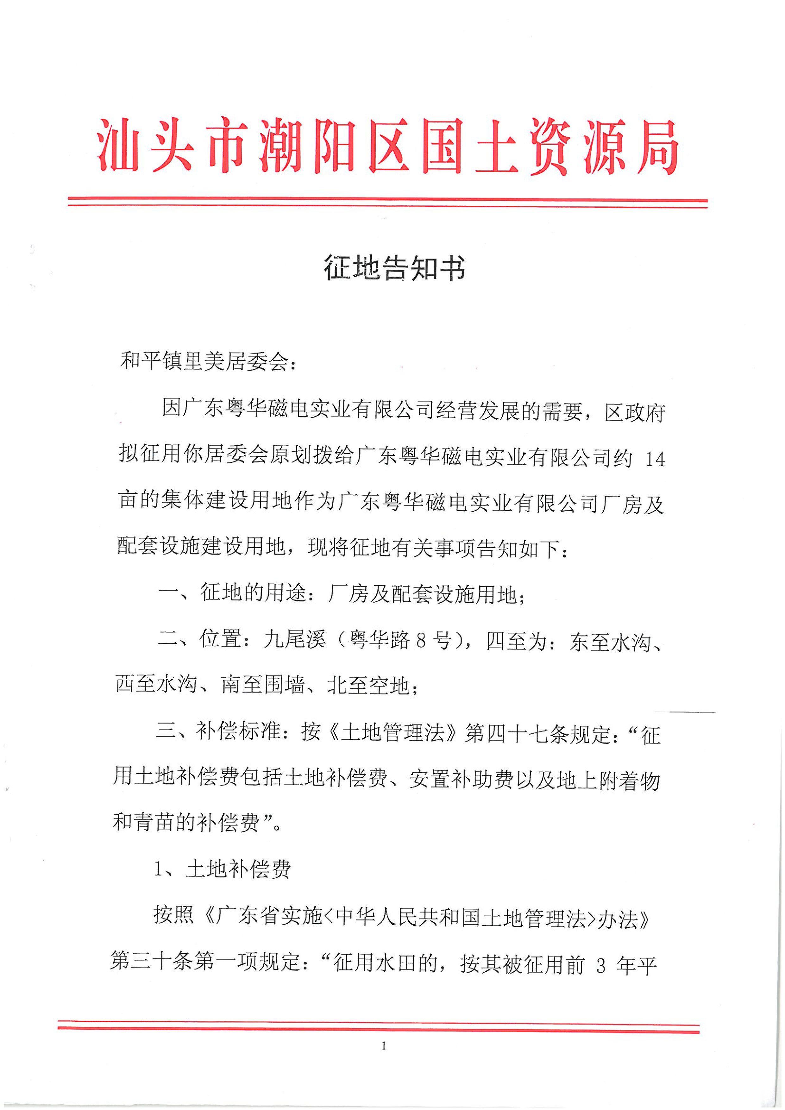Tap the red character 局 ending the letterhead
[x=653, y=145]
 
